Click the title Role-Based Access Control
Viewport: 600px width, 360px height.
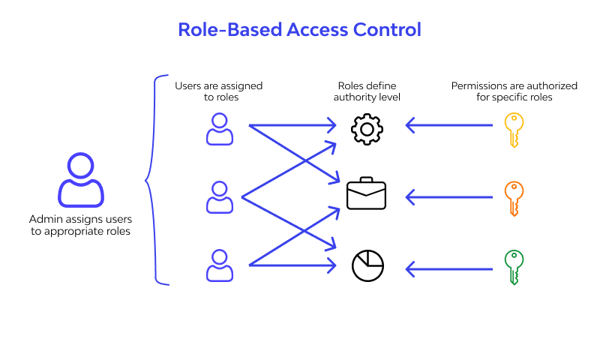pyautogui.click(x=299, y=30)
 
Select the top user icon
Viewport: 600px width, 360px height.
pyautogui.click(x=219, y=129)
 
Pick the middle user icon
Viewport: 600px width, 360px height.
pyautogui.click(x=219, y=196)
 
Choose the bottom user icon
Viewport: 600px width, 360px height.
pyautogui.click(x=219, y=265)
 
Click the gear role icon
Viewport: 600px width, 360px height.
pyautogui.click(x=367, y=129)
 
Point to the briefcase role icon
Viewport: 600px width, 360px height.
pyautogui.click(x=367, y=194)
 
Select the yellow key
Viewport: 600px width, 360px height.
pyautogui.click(x=513, y=130)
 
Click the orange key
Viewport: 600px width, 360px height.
pyautogui.click(x=513, y=198)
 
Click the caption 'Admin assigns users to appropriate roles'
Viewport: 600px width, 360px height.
pyautogui.click(x=80, y=225)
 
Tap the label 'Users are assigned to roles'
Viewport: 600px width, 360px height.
pyautogui.click(x=218, y=91)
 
